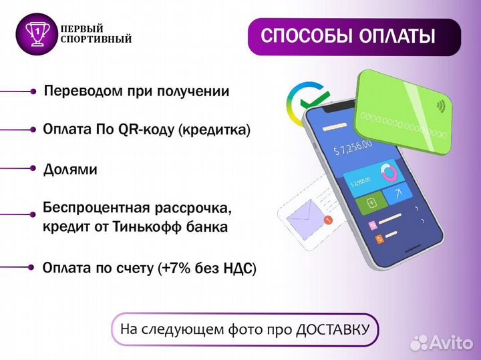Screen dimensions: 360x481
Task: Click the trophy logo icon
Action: [x=37, y=33]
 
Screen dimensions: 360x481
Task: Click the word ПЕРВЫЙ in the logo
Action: [x=82, y=29]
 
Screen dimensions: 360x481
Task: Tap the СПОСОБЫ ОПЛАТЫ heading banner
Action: [x=354, y=36]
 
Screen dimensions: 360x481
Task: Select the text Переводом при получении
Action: [x=136, y=92]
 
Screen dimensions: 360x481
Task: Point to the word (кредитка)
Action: [x=214, y=130]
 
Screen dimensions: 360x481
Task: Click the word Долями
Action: [x=70, y=170]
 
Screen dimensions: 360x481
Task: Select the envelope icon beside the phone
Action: [x=303, y=214]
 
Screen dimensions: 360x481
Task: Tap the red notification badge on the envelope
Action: [x=327, y=220]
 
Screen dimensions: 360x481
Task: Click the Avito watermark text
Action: [x=451, y=342]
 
